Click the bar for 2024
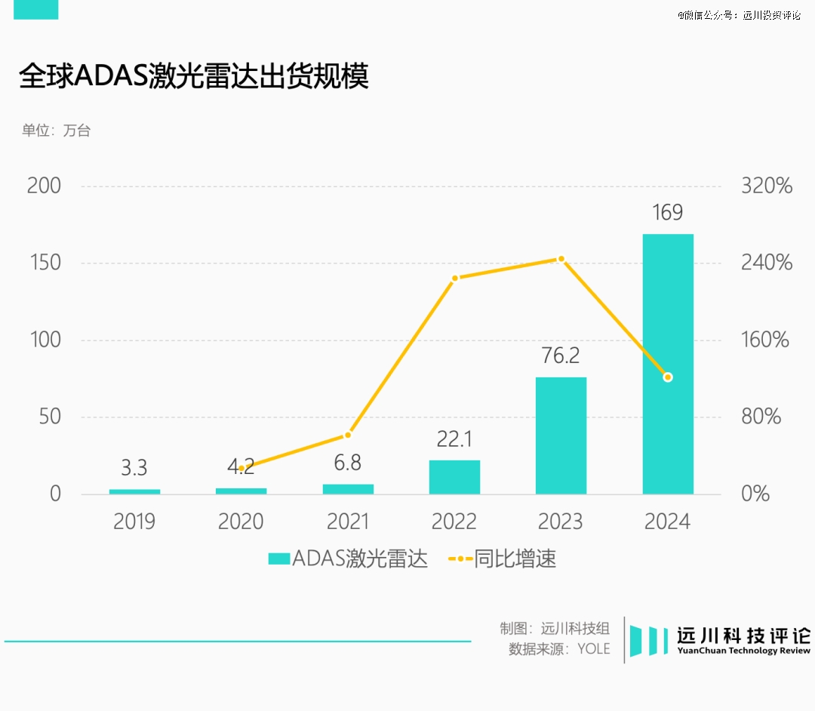668,364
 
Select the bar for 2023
561,436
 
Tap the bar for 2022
454,477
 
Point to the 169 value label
668,213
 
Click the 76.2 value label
561,355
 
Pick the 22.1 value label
454,439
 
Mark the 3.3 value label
134,468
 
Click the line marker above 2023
561,259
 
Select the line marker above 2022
454,279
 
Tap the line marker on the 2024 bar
668,377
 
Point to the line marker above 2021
348,435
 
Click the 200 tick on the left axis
44,186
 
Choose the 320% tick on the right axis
767,186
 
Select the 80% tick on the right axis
761,417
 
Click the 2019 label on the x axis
134,522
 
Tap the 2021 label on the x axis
348,522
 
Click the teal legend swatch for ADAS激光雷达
279,559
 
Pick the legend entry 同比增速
515,559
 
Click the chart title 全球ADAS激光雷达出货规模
194,77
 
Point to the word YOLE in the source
593,649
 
